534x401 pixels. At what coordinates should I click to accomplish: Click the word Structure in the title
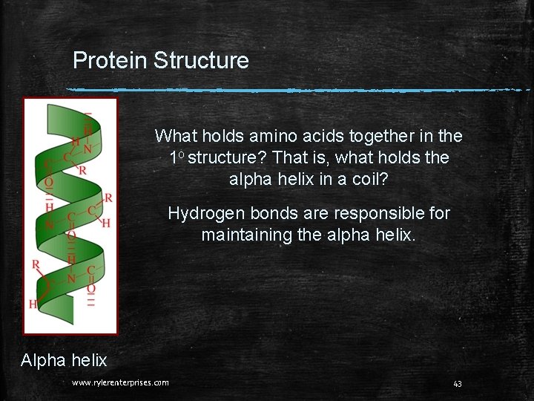[201, 60]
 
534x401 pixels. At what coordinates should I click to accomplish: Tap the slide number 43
[457, 383]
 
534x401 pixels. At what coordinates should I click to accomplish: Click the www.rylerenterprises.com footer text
[120, 383]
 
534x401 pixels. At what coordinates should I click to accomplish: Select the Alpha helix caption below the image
[64, 361]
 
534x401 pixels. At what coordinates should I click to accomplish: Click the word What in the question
[174, 136]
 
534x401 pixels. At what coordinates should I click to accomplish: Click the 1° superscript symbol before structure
[176, 157]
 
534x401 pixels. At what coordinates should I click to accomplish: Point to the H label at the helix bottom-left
[33, 304]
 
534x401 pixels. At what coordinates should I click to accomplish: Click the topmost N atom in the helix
[88, 149]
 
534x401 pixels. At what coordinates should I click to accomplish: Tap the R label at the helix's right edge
[108, 198]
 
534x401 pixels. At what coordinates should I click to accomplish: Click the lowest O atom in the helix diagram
[90, 288]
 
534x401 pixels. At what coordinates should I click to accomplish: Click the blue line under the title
[297, 91]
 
